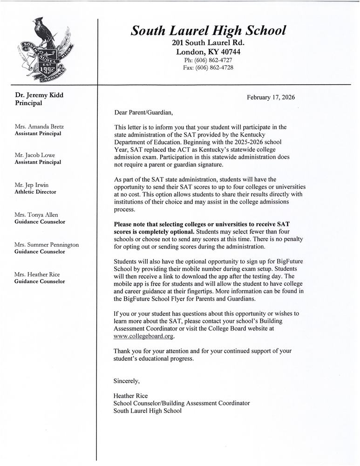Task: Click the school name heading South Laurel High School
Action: (x=208, y=31)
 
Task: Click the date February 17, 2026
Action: (x=271, y=97)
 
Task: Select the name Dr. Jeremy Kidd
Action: (x=39, y=95)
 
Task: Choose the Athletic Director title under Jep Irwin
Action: (x=35, y=192)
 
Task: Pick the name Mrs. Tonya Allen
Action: (x=37, y=214)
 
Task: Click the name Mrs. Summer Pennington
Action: (x=47, y=245)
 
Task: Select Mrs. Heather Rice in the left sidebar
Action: (x=37, y=274)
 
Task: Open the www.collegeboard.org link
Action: (x=144, y=336)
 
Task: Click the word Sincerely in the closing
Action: (x=127, y=381)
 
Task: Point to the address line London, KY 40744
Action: (x=208, y=52)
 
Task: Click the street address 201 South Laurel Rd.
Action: (x=208, y=43)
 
